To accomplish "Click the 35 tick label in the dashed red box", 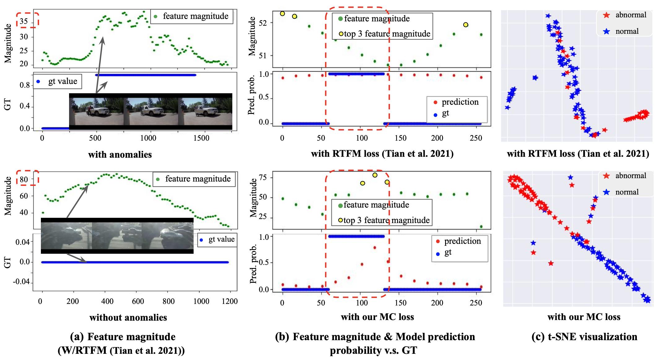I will pyautogui.click(x=24, y=21).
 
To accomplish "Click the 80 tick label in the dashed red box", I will pyautogui.click(x=24, y=179).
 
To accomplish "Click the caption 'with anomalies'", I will pyautogui.click(x=120, y=154).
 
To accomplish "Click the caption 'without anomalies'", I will pyautogui.click(x=128, y=317).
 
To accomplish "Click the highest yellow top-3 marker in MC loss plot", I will pyautogui.click(x=375, y=175).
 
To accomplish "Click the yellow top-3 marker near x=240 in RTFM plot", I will pyautogui.click(x=466, y=25).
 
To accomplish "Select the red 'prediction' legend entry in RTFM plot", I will pyautogui.click(x=455, y=102).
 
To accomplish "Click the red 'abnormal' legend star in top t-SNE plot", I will pyautogui.click(x=606, y=15).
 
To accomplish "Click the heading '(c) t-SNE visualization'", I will pyautogui.click(x=584, y=337).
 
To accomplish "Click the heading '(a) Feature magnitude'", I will pyautogui.click(x=123, y=337).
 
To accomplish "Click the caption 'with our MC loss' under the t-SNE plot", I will pyautogui.click(x=584, y=317).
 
